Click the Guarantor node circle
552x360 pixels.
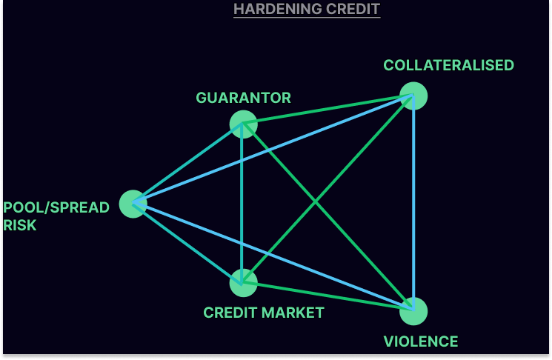[x=243, y=124]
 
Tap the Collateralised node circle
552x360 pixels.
[x=413, y=96]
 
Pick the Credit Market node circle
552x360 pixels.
[x=243, y=281]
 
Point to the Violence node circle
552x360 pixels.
[x=413, y=310]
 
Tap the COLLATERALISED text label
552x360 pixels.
[x=448, y=65]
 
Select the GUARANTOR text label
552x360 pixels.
[x=243, y=98]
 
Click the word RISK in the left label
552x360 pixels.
[x=19, y=225]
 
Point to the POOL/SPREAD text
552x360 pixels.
[x=56, y=207]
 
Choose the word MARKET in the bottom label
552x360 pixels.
[x=293, y=313]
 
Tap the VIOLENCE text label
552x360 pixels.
[x=420, y=341]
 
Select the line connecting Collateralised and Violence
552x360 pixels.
[x=413, y=204]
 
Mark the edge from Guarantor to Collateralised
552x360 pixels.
[x=328, y=110]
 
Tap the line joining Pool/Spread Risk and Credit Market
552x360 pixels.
[x=188, y=243]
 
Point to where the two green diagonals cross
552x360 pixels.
[x=316, y=201]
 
